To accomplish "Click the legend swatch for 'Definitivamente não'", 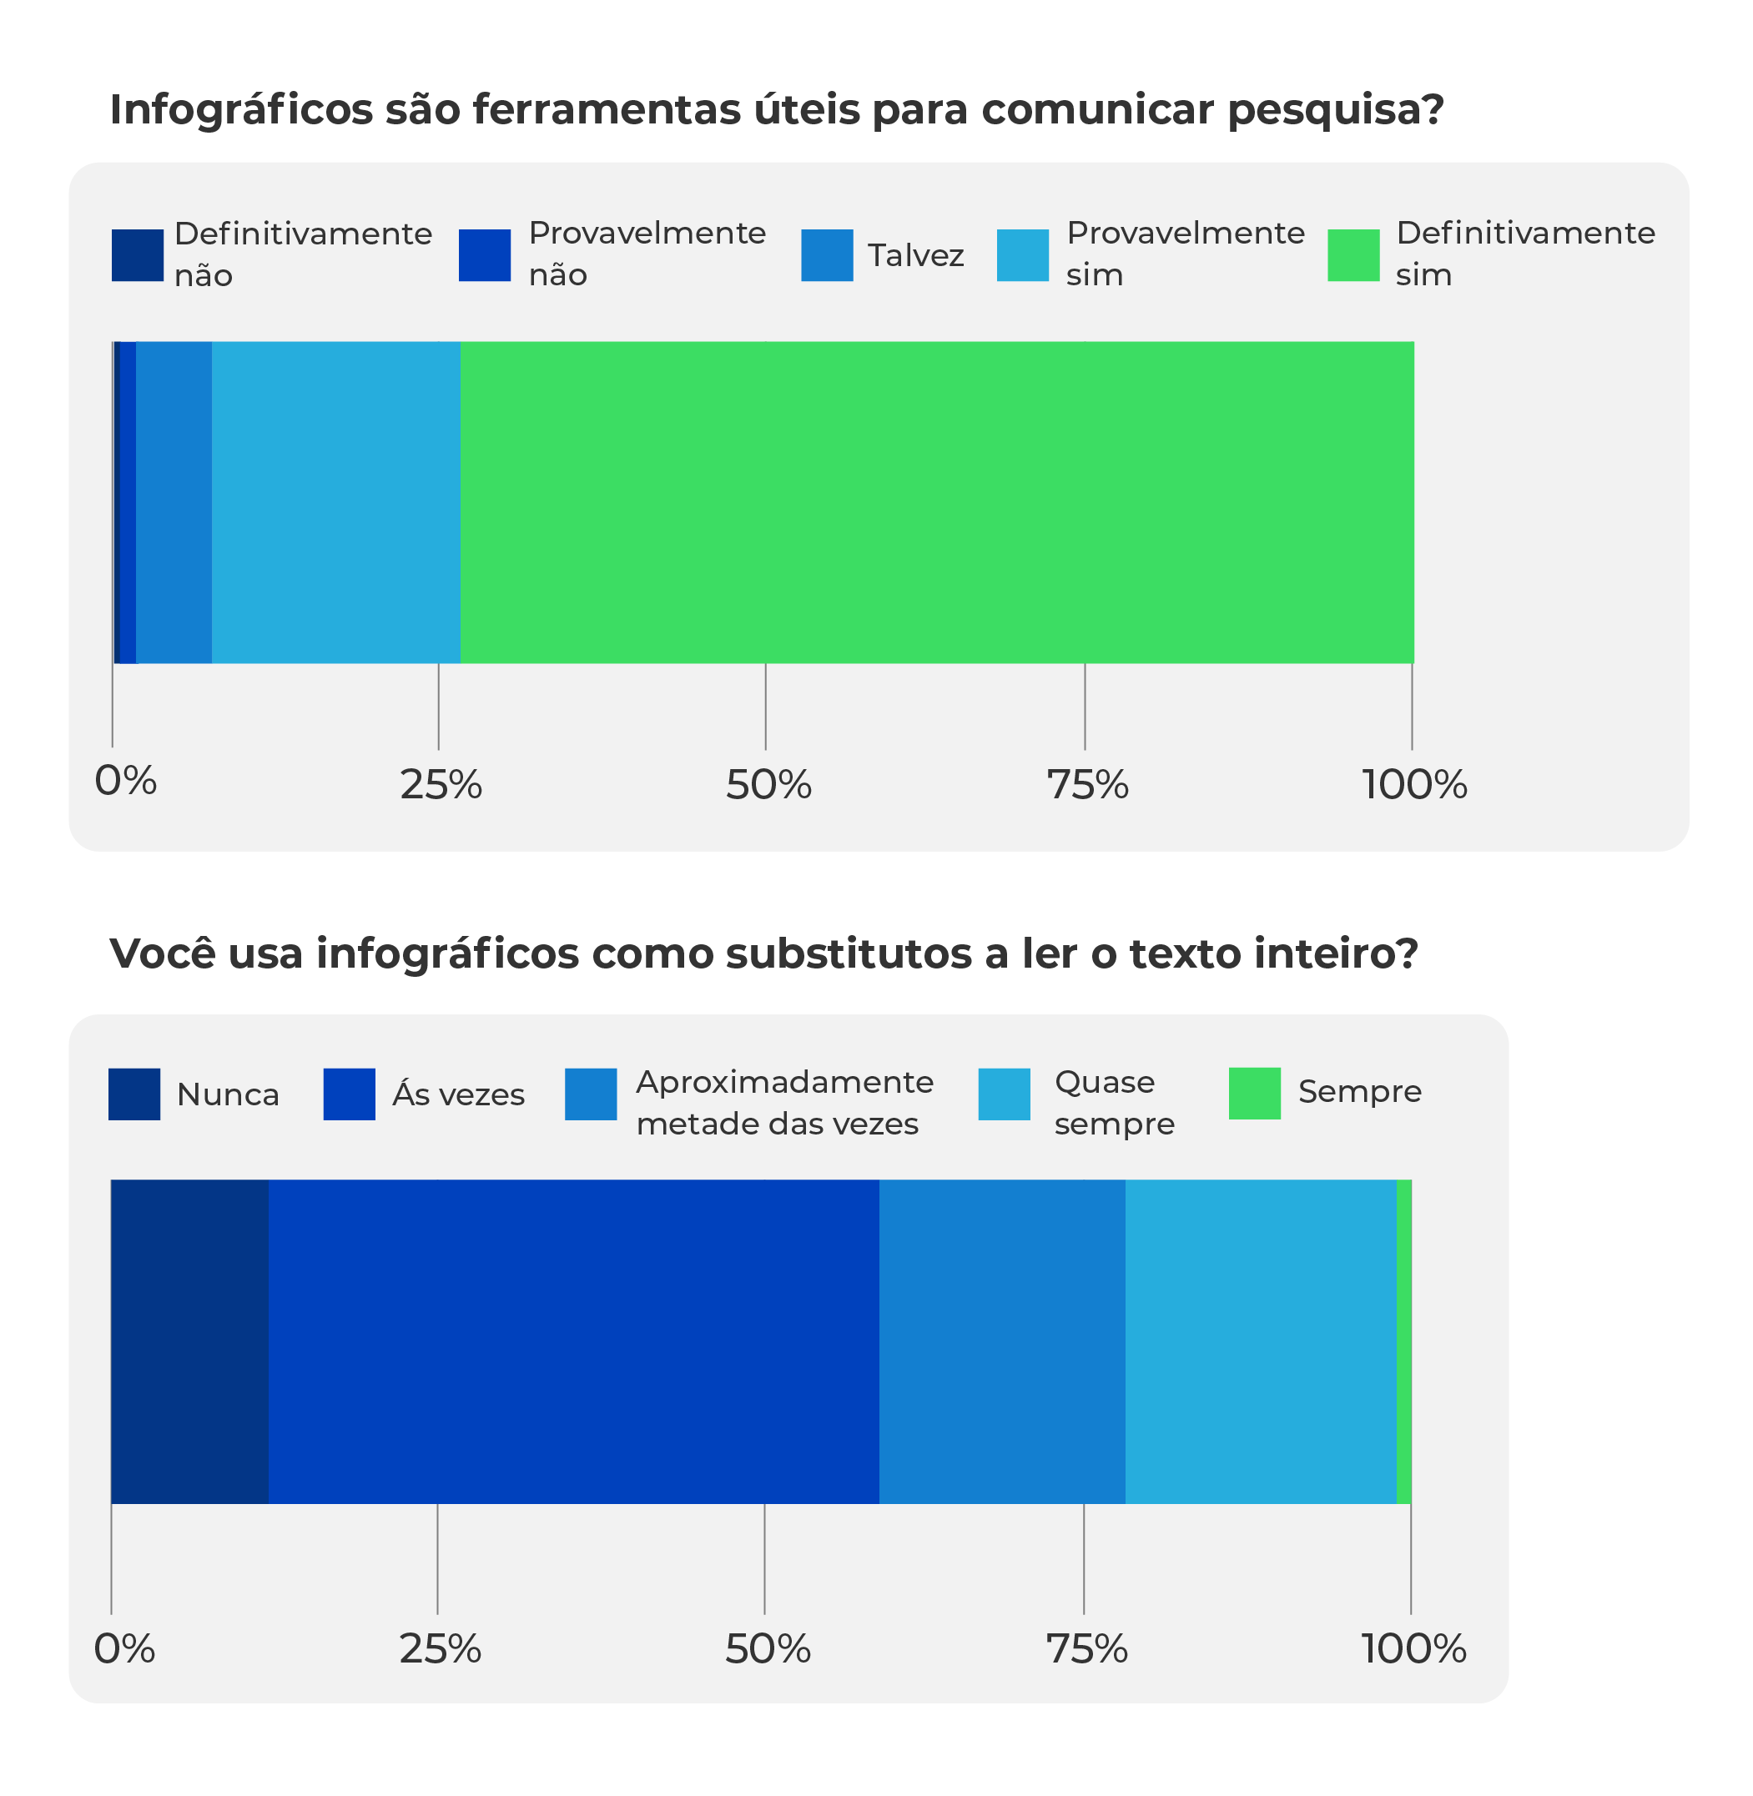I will (x=137, y=255).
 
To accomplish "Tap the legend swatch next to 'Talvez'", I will (x=827, y=255).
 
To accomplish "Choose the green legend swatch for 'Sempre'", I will (x=1254, y=1093).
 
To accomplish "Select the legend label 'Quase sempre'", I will (x=1114, y=1102).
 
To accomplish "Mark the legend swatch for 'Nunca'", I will (x=134, y=1094).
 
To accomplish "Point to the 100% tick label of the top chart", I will (x=1414, y=785).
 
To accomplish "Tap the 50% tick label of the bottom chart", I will (x=767, y=1648).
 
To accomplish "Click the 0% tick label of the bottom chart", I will (x=124, y=1648).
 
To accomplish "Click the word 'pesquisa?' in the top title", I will (x=1335, y=110).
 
